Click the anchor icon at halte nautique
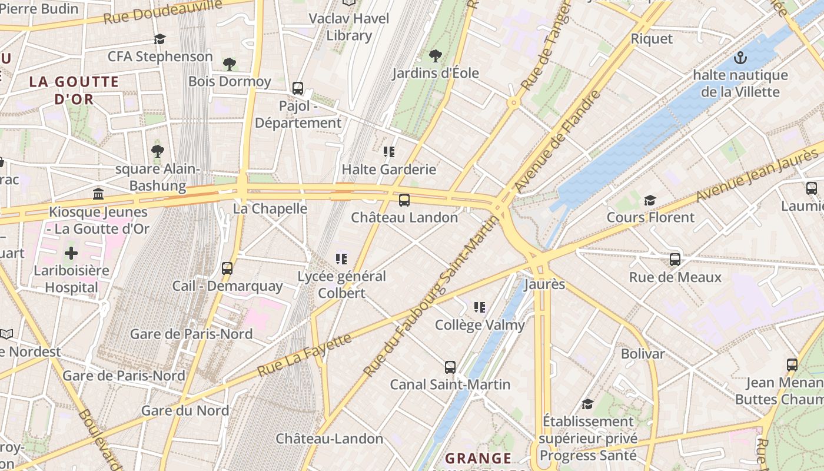click(x=740, y=58)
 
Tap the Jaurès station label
click(x=544, y=284)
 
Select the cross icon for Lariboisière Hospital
click(x=71, y=254)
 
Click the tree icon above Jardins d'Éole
click(x=435, y=56)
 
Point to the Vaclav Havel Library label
click(x=350, y=26)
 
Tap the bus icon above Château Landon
click(x=404, y=200)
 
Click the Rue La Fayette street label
click(x=304, y=354)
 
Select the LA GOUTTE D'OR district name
click(x=74, y=90)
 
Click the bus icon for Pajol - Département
click(x=298, y=88)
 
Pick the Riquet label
click(x=652, y=39)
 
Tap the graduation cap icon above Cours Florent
click(x=650, y=200)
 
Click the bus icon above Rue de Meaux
click(x=675, y=260)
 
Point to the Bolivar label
click(x=643, y=354)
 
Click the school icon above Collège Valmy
click(x=480, y=307)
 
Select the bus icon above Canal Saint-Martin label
click(x=450, y=367)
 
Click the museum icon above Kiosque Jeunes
click(x=98, y=194)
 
